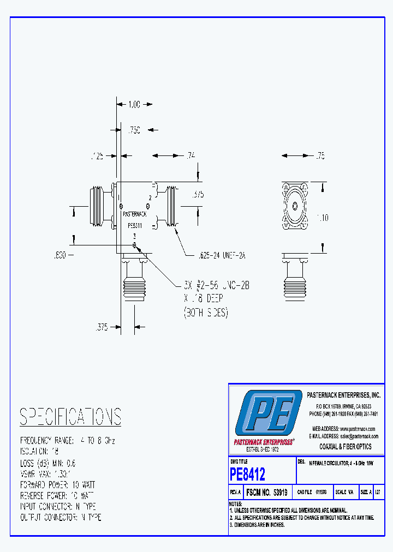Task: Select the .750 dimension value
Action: [134, 130]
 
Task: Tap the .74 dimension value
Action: [190, 157]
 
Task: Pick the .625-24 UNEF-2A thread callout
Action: [215, 255]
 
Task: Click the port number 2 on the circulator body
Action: [150, 197]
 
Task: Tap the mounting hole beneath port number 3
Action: [134, 245]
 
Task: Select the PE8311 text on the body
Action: [135, 224]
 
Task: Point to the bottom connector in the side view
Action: [295, 281]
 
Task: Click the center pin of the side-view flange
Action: [295, 206]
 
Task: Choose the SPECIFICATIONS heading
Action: [70, 417]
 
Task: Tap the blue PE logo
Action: [269, 413]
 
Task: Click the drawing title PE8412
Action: [248, 474]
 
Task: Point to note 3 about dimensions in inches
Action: [257, 524]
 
